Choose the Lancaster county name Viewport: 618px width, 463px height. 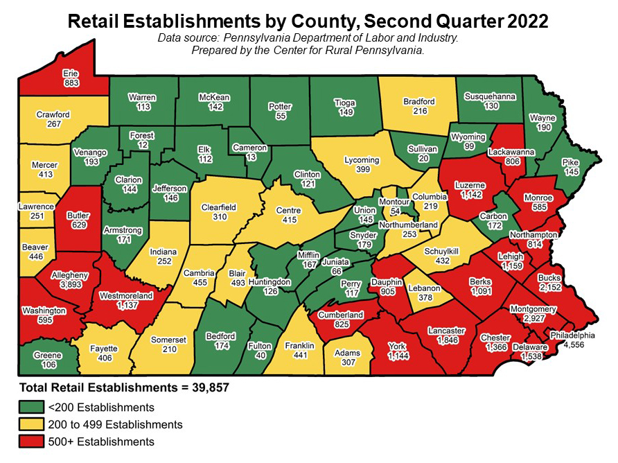(x=445, y=331)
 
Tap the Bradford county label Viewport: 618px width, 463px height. (x=419, y=102)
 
